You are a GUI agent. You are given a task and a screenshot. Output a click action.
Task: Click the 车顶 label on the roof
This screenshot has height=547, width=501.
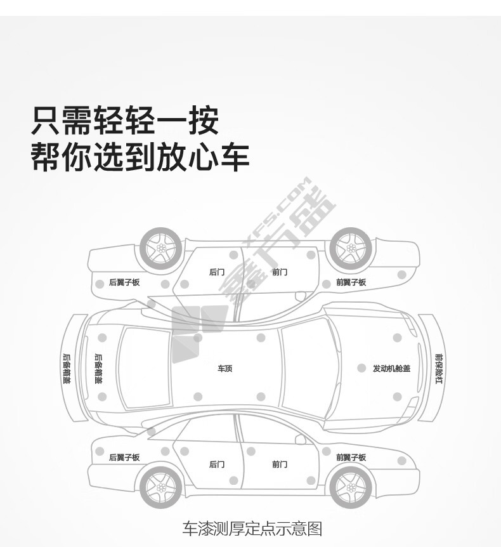pyautogui.click(x=225, y=369)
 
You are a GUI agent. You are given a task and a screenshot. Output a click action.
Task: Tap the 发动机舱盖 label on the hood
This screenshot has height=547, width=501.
pyautogui.click(x=391, y=369)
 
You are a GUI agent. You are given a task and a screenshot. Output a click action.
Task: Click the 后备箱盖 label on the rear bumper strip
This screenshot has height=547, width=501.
pyautogui.click(x=66, y=369)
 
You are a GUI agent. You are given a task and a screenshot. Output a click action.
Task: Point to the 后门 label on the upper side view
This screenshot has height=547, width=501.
pyautogui.click(x=217, y=272)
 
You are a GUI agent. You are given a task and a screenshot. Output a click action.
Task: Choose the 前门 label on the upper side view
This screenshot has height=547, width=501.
pyautogui.click(x=280, y=272)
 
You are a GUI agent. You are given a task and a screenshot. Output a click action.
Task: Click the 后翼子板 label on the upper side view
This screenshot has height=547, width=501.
pyautogui.click(x=124, y=282)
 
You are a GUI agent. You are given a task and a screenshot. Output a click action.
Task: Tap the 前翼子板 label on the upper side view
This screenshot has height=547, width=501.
pyautogui.click(x=351, y=282)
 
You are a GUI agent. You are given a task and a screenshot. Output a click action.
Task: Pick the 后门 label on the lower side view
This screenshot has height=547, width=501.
pyautogui.click(x=217, y=465)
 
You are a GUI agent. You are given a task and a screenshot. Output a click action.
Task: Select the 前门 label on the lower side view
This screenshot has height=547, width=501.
pyautogui.click(x=280, y=465)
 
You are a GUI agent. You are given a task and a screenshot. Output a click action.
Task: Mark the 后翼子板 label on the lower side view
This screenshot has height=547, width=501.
pyautogui.click(x=124, y=458)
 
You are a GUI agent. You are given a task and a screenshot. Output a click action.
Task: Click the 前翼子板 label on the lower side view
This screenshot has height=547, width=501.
pyautogui.click(x=351, y=458)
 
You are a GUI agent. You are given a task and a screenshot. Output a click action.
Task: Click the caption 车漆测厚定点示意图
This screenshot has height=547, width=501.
pyautogui.click(x=252, y=528)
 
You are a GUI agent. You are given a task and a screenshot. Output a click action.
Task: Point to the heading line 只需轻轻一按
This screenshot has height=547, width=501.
pyautogui.click(x=125, y=121)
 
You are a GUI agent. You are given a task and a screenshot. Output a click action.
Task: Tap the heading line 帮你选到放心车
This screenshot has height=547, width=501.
pyautogui.click(x=140, y=157)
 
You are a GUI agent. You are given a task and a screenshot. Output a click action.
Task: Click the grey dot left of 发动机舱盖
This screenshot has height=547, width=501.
pyautogui.click(x=361, y=368)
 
